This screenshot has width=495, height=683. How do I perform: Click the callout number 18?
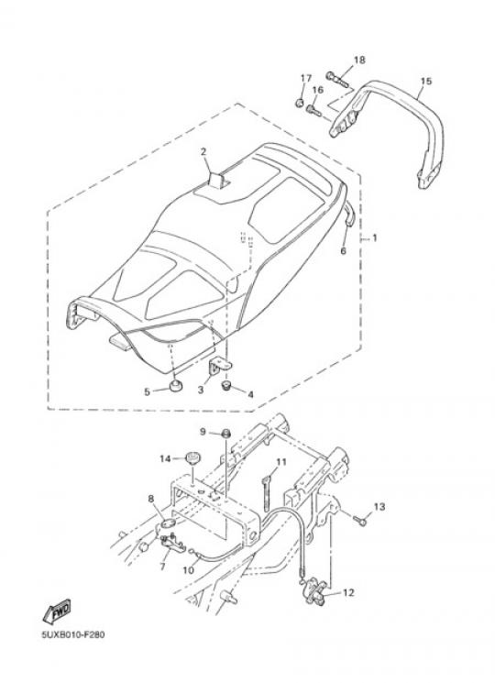[359, 61]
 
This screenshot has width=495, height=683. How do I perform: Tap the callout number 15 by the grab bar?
[425, 81]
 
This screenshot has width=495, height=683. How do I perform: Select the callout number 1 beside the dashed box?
[374, 238]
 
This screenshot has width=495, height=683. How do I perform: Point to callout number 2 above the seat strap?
[203, 151]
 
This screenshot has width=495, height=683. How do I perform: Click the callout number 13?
[379, 507]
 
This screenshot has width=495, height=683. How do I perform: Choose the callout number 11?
[281, 462]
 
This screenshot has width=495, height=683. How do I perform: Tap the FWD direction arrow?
[57, 611]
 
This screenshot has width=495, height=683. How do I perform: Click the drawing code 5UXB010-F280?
[73, 634]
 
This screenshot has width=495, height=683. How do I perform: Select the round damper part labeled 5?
[176, 385]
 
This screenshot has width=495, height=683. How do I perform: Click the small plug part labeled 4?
[226, 385]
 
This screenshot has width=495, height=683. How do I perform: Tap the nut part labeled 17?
[300, 104]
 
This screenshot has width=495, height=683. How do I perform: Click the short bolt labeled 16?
[313, 111]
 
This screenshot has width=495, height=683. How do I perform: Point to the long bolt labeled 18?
[337, 79]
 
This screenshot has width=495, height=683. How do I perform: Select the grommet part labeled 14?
[192, 458]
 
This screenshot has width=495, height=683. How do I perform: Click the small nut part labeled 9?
[225, 434]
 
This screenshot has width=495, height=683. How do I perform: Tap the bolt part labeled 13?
[360, 519]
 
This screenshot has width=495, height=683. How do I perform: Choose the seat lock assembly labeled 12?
[315, 590]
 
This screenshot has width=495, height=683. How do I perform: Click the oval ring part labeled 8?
[169, 523]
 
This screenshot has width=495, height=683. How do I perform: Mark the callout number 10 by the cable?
[188, 569]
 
